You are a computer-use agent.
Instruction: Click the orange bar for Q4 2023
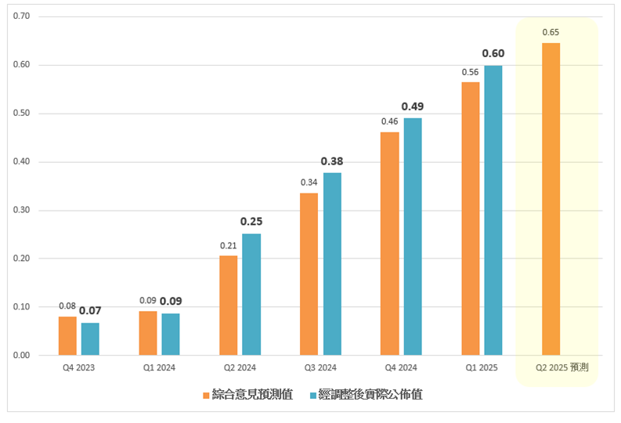[67, 336]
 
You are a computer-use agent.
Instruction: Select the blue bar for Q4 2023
[90, 339]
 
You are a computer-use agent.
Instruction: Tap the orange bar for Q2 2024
[229, 305]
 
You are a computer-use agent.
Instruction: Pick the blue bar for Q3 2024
[332, 264]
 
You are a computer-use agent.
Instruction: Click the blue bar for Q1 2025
[493, 211]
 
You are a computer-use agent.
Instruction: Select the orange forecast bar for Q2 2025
[551, 199]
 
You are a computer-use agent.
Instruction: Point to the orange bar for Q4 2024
[390, 244]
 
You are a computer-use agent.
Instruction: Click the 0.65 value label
[551, 33]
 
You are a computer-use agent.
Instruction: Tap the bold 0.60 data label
[493, 53]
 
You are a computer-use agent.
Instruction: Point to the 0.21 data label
[229, 245]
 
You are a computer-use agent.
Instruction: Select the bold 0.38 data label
[332, 161]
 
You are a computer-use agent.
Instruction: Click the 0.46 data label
[390, 121]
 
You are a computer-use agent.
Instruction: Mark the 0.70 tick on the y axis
[22, 16]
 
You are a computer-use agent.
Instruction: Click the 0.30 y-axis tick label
[22, 211]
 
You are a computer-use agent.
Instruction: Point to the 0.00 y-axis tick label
[22, 356]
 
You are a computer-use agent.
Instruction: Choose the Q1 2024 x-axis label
[159, 367]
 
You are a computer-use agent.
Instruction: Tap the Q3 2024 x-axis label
[321, 367]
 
